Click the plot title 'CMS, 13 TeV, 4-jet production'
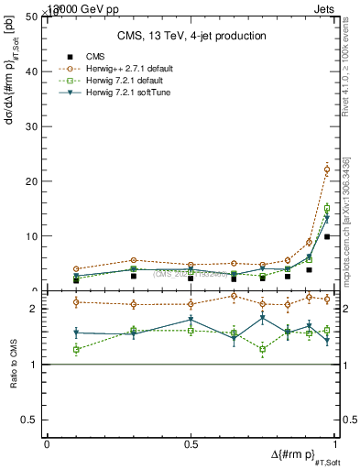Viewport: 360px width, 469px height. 191,36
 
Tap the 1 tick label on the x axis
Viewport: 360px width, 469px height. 334,444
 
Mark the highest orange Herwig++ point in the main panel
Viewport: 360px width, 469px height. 327,169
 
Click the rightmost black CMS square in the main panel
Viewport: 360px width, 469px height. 327,236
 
